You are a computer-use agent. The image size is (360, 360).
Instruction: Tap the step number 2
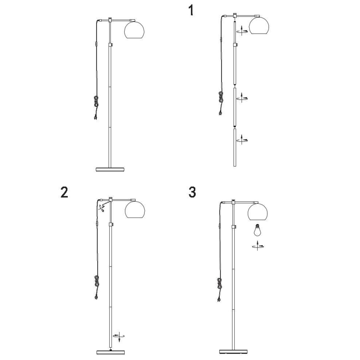(64, 192)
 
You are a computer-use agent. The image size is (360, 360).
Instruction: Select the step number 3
(192, 192)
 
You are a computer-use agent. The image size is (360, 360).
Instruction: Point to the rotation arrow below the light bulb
(258, 246)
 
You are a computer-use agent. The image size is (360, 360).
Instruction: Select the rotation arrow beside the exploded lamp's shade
(242, 31)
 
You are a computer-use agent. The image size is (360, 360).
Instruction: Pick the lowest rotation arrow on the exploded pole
(242, 139)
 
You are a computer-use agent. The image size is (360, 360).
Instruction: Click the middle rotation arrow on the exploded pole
(242, 98)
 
